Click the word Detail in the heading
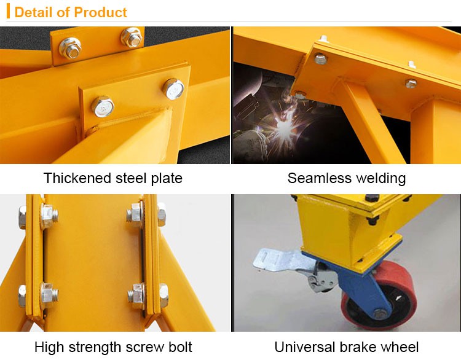(33, 12)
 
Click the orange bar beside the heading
(9, 12)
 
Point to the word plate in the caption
(167, 179)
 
